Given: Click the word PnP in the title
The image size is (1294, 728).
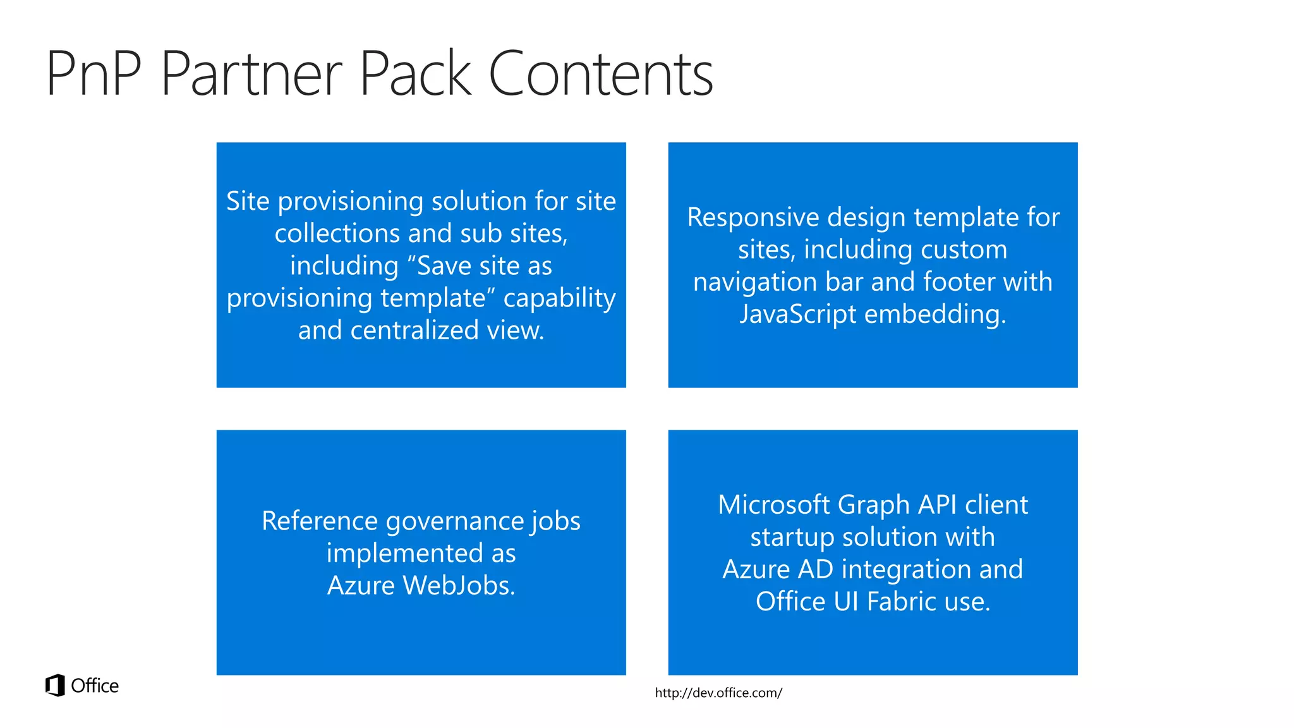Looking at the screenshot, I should pyautogui.click(x=94, y=74).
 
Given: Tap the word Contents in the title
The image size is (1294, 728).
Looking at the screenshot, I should pyautogui.click(x=600, y=74).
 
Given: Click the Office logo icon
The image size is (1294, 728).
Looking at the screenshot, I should pyautogui.click(x=55, y=685).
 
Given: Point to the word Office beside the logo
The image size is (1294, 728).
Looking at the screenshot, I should pyautogui.click(x=95, y=686).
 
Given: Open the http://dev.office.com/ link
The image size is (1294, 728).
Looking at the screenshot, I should pyautogui.click(x=718, y=693).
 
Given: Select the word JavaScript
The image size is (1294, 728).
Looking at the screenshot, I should pyautogui.click(x=797, y=314).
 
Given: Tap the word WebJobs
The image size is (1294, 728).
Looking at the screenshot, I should pyautogui.click(x=459, y=585).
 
